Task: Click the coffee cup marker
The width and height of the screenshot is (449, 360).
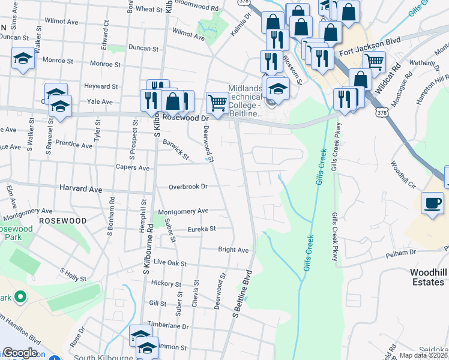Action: pyautogui.click(x=432, y=203)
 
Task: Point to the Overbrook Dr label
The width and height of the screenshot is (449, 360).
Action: pyautogui.click(x=187, y=187)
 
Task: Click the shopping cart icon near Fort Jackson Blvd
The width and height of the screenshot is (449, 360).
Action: pyautogui.click(x=373, y=61)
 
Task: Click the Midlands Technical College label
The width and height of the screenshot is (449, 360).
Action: pyautogui.click(x=245, y=101)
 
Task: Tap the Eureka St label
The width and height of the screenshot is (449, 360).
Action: pyautogui.click(x=200, y=229)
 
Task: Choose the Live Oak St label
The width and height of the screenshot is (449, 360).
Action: pyautogui.click(x=170, y=263)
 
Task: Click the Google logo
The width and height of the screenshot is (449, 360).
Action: pyautogui.click(x=20, y=353)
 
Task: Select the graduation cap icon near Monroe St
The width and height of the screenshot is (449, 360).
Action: pyautogui.click(x=23, y=59)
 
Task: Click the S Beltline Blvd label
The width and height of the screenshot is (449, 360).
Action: pyautogui.click(x=241, y=293)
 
